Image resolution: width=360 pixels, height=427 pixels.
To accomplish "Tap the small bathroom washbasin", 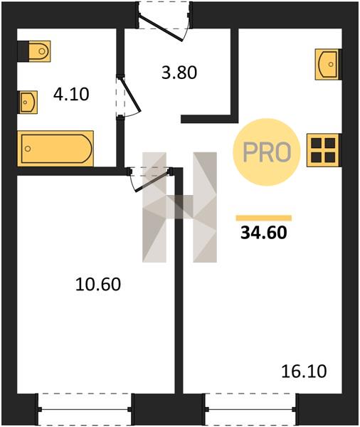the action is pyautogui.click(x=28, y=102).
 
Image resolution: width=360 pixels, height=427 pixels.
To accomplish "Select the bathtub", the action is pyautogui.click(x=55, y=149).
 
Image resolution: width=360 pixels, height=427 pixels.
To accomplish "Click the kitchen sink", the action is pyautogui.click(x=328, y=64).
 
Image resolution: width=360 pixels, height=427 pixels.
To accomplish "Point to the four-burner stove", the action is pyautogui.click(x=324, y=150).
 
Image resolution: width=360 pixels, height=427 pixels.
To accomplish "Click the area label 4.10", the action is pyautogui.click(x=71, y=95).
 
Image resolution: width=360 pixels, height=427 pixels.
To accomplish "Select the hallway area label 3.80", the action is pyautogui.click(x=179, y=73).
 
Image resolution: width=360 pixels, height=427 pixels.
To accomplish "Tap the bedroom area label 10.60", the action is pyautogui.click(x=98, y=285).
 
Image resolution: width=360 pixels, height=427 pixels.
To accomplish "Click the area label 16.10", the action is pyautogui.click(x=304, y=371).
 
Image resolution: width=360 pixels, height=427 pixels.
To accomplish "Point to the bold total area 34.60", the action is pyautogui.click(x=264, y=233).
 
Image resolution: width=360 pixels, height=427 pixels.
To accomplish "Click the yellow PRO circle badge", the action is pyautogui.click(x=266, y=152).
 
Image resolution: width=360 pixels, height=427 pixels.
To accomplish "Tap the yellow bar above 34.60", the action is pyautogui.click(x=264, y=218).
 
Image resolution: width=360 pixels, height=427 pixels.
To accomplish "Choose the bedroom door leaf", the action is pyautogui.click(x=154, y=181).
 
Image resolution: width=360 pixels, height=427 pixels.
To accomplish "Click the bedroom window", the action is pyautogui.click(x=85, y=409).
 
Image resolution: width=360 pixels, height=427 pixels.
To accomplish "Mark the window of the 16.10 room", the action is pyautogui.click(x=251, y=409).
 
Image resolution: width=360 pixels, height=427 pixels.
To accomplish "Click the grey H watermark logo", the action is pyautogui.click(x=180, y=207).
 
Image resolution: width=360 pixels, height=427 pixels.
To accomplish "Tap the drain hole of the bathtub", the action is pyautogui.click(x=28, y=149).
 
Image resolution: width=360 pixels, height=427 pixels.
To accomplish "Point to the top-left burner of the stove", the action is pyautogui.click(x=316, y=143).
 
